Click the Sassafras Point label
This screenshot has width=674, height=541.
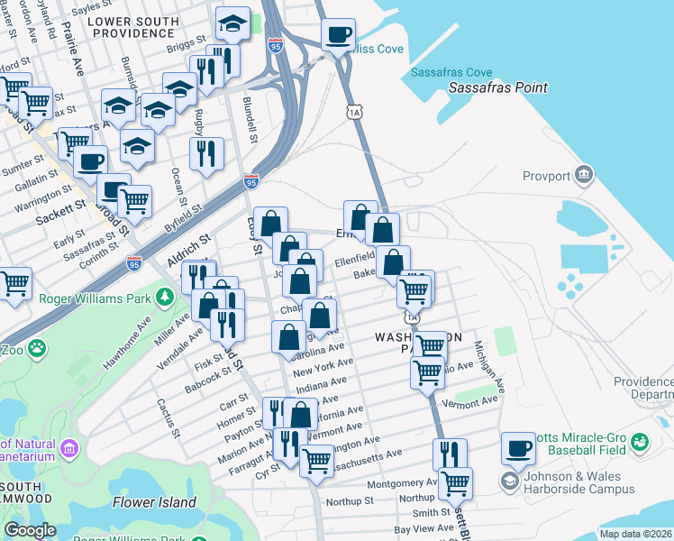[498, 88]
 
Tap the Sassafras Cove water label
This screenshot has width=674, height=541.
[451, 72]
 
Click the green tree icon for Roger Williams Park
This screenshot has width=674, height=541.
[164, 297]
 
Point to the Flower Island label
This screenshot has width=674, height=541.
[154, 502]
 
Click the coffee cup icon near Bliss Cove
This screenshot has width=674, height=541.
[339, 36]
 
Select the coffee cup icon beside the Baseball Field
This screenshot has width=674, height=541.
[518, 447]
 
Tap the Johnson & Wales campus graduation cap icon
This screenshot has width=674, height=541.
[509, 482]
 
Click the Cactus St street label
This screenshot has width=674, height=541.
[168, 417]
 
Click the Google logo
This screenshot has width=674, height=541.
[30, 530]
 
